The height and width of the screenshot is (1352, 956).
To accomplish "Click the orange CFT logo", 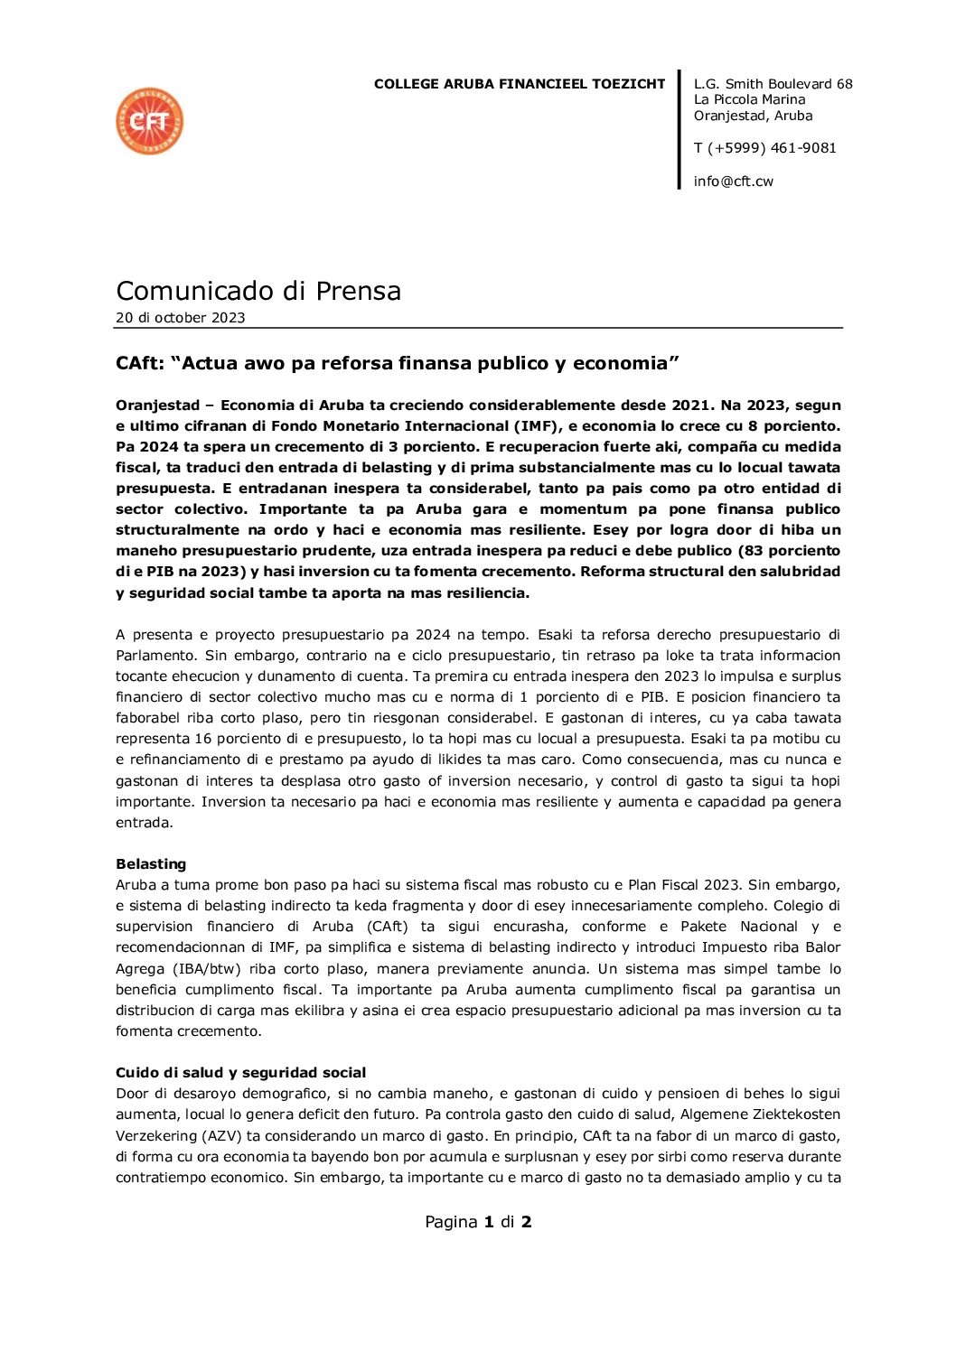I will point(150,121).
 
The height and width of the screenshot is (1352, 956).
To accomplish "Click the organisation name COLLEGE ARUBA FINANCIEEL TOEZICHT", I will point(520,84).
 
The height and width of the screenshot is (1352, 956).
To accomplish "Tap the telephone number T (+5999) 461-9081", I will point(764,148).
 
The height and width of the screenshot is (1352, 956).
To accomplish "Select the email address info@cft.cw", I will point(733,182).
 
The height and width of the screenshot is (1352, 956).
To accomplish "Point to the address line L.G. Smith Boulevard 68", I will point(773,84).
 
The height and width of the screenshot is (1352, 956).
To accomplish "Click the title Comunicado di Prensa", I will point(258,291).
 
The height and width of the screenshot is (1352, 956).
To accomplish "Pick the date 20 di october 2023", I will point(180,318).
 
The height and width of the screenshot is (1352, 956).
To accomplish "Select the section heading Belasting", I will point(151,864).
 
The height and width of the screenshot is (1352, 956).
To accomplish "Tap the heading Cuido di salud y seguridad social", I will point(240,1073).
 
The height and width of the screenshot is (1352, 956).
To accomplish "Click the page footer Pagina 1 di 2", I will point(478,1222).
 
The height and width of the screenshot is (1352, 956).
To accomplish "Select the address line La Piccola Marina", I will point(749,99).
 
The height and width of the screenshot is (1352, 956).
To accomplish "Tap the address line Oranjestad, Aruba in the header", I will point(753,116).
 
